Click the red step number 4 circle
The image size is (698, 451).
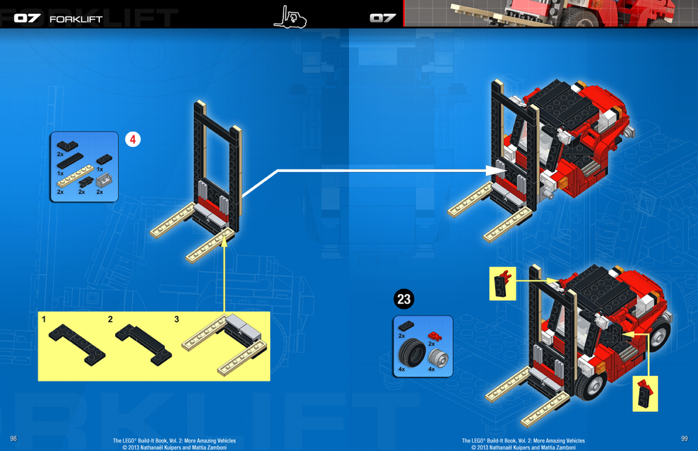pos(133,139)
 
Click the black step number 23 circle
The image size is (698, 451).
pos(403,299)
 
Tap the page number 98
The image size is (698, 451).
pos(13,438)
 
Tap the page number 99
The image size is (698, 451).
pos(684,438)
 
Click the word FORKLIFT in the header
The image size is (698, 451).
pos(76,19)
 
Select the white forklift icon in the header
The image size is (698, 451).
pos(290,15)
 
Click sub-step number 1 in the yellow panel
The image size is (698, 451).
pos(44,319)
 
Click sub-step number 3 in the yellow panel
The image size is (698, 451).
pos(177,319)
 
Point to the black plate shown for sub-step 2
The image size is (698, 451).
pos(143,342)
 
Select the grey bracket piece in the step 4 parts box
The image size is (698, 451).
pos(105,181)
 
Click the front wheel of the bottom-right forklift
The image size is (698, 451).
pos(593,388)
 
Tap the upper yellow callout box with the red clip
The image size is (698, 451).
pos(502,283)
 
